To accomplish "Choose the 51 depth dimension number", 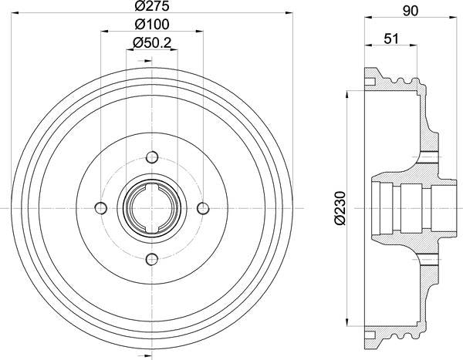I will point(390,38).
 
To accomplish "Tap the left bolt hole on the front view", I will point(100,208).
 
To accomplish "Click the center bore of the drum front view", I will point(151,208).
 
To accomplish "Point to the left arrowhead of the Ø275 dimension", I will point(18,13).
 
